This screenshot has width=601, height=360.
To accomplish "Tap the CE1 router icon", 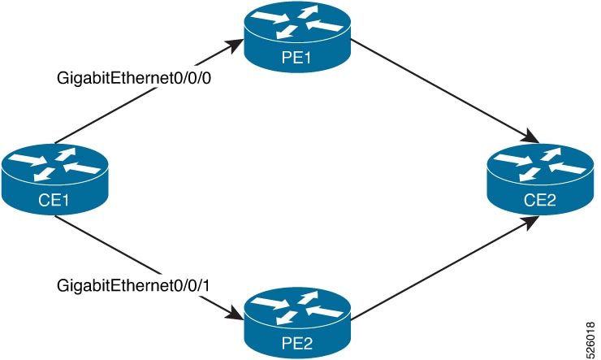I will point(54,174).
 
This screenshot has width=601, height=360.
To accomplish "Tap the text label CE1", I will point(54,200).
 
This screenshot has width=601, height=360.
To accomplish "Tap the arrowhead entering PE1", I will point(236,48).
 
